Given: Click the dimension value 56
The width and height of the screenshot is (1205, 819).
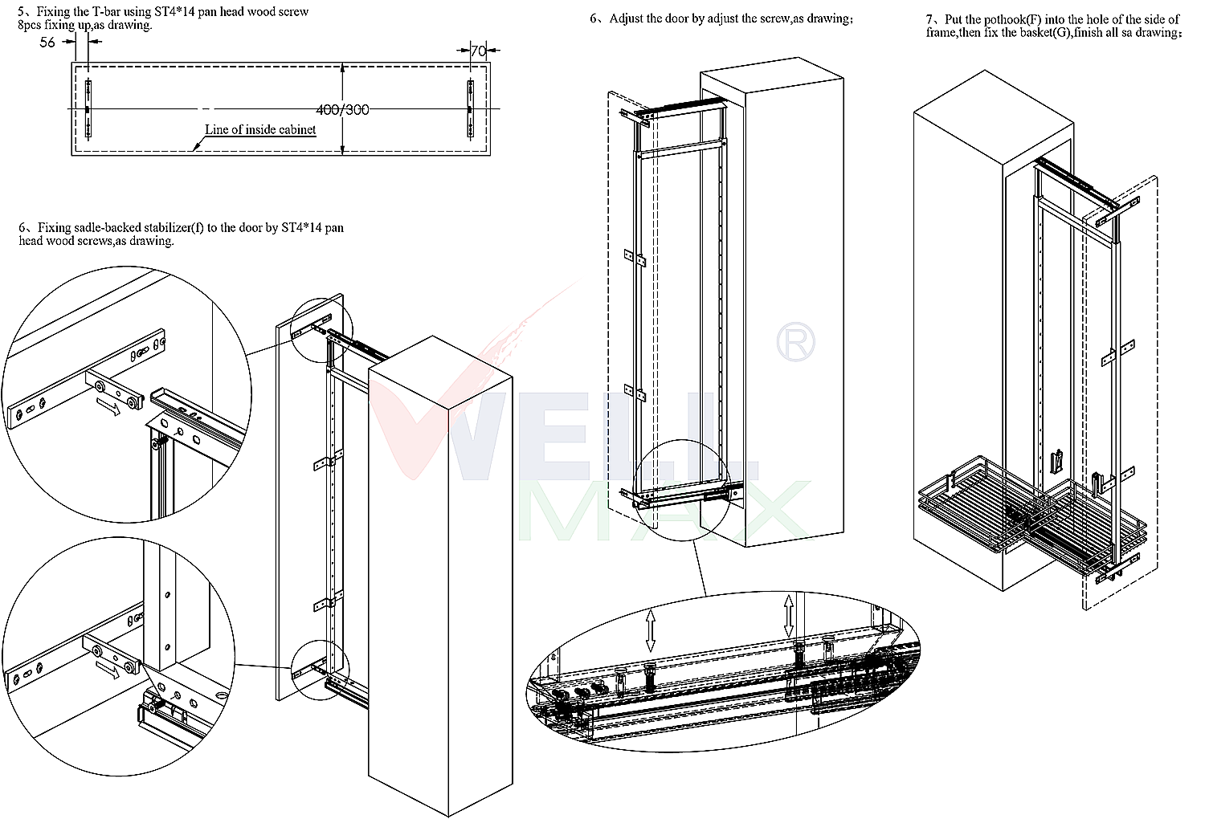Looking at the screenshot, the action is tap(47, 43).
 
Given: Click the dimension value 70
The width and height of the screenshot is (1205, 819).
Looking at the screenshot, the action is tap(478, 51).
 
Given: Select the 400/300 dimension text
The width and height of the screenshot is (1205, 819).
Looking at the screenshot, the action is tap(343, 110).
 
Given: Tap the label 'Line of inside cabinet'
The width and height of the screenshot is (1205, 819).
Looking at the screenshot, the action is tap(260, 129).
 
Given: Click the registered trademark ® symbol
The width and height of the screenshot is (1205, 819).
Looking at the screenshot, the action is tap(795, 341).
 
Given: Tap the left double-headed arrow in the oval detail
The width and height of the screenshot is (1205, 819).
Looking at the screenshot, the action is tap(651, 630).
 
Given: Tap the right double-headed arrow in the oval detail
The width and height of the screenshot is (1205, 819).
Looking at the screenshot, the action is tap(789, 616).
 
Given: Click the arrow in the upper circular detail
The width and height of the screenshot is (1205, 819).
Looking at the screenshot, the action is tap(109, 406).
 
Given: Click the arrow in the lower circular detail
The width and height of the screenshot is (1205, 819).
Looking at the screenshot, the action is tap(108, 670).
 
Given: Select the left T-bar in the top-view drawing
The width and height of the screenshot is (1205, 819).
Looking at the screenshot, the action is tap(88, 108).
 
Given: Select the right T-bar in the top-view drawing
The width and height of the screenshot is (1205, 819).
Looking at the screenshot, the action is tap(471, 108).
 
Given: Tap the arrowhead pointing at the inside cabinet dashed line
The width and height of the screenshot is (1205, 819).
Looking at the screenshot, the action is tap(196, 145).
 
